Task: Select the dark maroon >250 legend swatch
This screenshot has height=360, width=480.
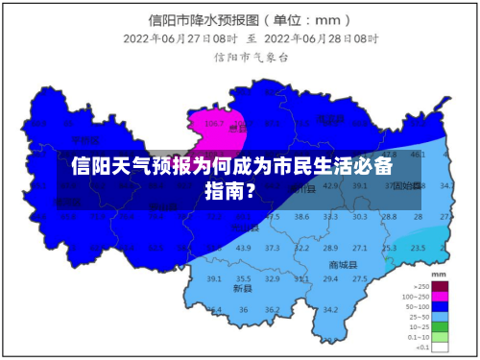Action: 440,286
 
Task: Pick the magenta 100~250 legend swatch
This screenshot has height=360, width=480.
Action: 440,296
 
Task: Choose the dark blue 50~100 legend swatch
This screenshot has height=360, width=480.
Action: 440,306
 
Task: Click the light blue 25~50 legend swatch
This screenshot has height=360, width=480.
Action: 440,316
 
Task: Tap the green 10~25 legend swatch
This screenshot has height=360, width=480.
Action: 440,326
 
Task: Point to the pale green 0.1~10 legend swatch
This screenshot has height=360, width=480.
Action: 440,336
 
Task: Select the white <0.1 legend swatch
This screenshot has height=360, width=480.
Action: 440,347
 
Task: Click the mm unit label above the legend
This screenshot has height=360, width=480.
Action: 440,275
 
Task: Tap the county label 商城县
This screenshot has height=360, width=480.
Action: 342,264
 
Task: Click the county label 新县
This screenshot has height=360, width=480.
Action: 242,288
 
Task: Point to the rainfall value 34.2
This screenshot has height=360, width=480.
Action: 331,309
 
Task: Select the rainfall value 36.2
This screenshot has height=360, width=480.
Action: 273,309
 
